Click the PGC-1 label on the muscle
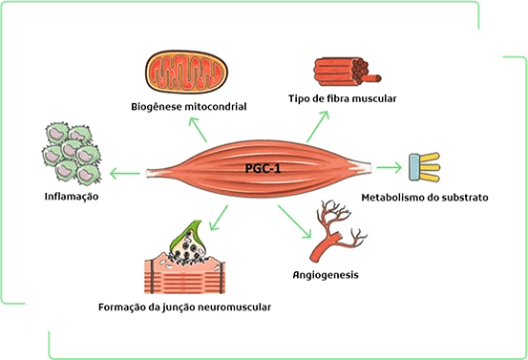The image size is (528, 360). (263, 168)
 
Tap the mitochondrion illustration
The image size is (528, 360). (186, 72)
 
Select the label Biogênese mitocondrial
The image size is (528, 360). (189, 107)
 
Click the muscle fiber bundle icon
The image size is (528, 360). (347, 71)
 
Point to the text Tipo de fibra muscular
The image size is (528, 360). (343, 98)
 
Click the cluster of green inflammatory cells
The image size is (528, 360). (72, 154)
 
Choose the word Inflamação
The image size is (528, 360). (72, 197)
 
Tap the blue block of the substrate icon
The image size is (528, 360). (414, 167)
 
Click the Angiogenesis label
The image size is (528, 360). (326, 275)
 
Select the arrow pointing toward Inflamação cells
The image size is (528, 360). (125, 174)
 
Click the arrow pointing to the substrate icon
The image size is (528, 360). (389, 167)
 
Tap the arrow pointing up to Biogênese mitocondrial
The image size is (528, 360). (198, 130)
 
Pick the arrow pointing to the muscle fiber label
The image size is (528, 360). (318, 127)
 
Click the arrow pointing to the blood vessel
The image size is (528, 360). (294, 222)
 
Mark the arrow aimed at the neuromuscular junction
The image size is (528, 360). (219, 218)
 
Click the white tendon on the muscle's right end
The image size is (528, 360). (361, 167)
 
